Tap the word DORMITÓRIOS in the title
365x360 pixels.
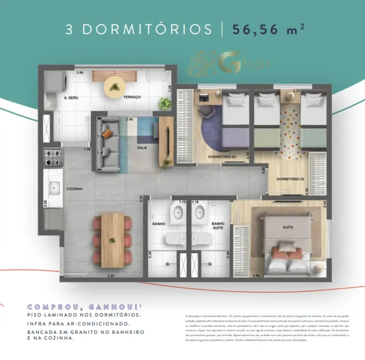(x=147, y=29)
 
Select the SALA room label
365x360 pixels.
(x=142, y=148)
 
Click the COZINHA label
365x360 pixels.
(x=75, y=189)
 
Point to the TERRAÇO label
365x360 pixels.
(x=132, y=97)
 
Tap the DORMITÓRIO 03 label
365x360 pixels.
(x=222, y=156)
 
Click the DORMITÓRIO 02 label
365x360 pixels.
(x=290, y=179)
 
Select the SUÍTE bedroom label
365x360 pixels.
(x=288, y=227)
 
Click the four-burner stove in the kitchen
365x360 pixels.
(x=53, y=157)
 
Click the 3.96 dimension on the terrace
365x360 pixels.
(x=80, y=73)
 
